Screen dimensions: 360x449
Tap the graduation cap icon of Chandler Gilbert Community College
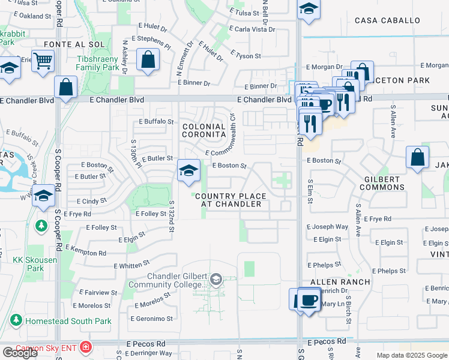[x=216, y=279]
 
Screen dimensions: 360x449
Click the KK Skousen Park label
[x=28, y=265]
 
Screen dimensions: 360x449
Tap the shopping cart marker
[x=43, y=60]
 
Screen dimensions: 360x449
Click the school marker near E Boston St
[x=188, y=171]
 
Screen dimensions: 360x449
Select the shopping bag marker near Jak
[x=417, y=158]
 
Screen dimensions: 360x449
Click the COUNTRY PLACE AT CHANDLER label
[x=228, y=200]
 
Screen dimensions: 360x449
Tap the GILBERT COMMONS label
[x=382, y=183]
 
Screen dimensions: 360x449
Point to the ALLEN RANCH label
[x=334, y=281]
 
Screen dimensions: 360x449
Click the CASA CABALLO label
[x=387, y=20]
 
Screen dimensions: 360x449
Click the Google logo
[x=20, y=353]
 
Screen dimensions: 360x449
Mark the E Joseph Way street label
[x=327, y=227]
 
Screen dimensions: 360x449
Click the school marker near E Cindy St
[x=43, y=195]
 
